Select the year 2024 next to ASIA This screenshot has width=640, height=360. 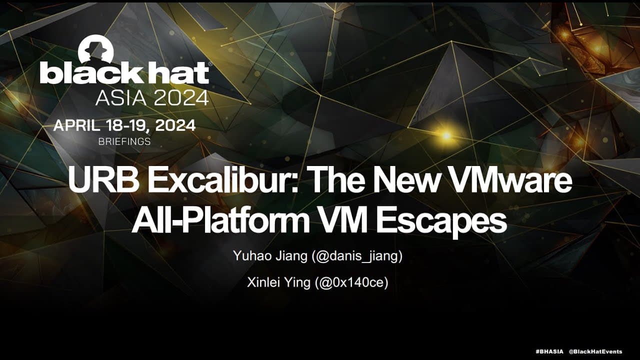click(180, 98)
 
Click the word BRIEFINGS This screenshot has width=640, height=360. click(124, 141)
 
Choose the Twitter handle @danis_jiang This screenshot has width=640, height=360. click(357, 256)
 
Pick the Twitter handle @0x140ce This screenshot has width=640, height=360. click(351, 282)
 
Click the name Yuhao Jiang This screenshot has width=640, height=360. click(269, 256)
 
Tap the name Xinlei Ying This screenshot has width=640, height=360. click(278, 282)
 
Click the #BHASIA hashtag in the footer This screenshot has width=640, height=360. click(549, 351)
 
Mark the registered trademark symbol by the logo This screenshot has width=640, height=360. click(210, 64)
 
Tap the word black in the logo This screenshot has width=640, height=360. click(90, 73)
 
